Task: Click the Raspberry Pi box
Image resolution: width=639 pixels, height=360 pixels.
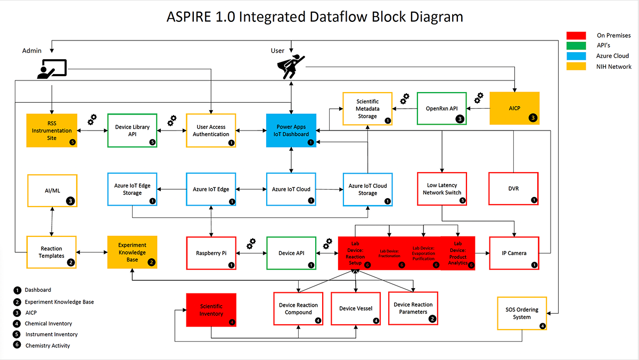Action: (x=211, y=253)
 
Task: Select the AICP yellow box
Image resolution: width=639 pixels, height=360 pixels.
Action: (x=514, y=108)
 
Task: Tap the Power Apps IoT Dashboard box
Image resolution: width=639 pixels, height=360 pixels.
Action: (x=291, y=130)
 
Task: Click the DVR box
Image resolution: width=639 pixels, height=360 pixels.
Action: (x=514, y=189)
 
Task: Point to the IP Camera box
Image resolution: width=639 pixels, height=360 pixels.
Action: (x=514, y=253)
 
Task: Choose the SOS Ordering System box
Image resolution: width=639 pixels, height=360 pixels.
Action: (x=521, y=313)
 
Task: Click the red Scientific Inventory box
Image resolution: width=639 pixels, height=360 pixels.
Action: (x=211, y=310)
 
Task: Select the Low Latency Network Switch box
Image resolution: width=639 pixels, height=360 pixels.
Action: (x=442, y=189)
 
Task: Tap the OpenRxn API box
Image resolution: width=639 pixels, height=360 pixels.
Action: (x=441, y=109)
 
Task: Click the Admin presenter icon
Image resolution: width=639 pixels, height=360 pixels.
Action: (x=52, y=69)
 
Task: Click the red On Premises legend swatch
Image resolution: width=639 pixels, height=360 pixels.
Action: (x=576, y=36)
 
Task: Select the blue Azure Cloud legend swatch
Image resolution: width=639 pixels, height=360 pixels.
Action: (x=576, y=56)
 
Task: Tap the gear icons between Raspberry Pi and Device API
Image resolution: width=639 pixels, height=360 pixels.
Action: (x=251, y=244)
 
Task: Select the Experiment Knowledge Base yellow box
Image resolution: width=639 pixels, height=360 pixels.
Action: (x=132, y=252)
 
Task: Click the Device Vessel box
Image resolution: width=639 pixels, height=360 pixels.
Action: (x=356, y=308)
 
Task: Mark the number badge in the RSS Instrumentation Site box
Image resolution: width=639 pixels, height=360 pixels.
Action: (x=72, y=142)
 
